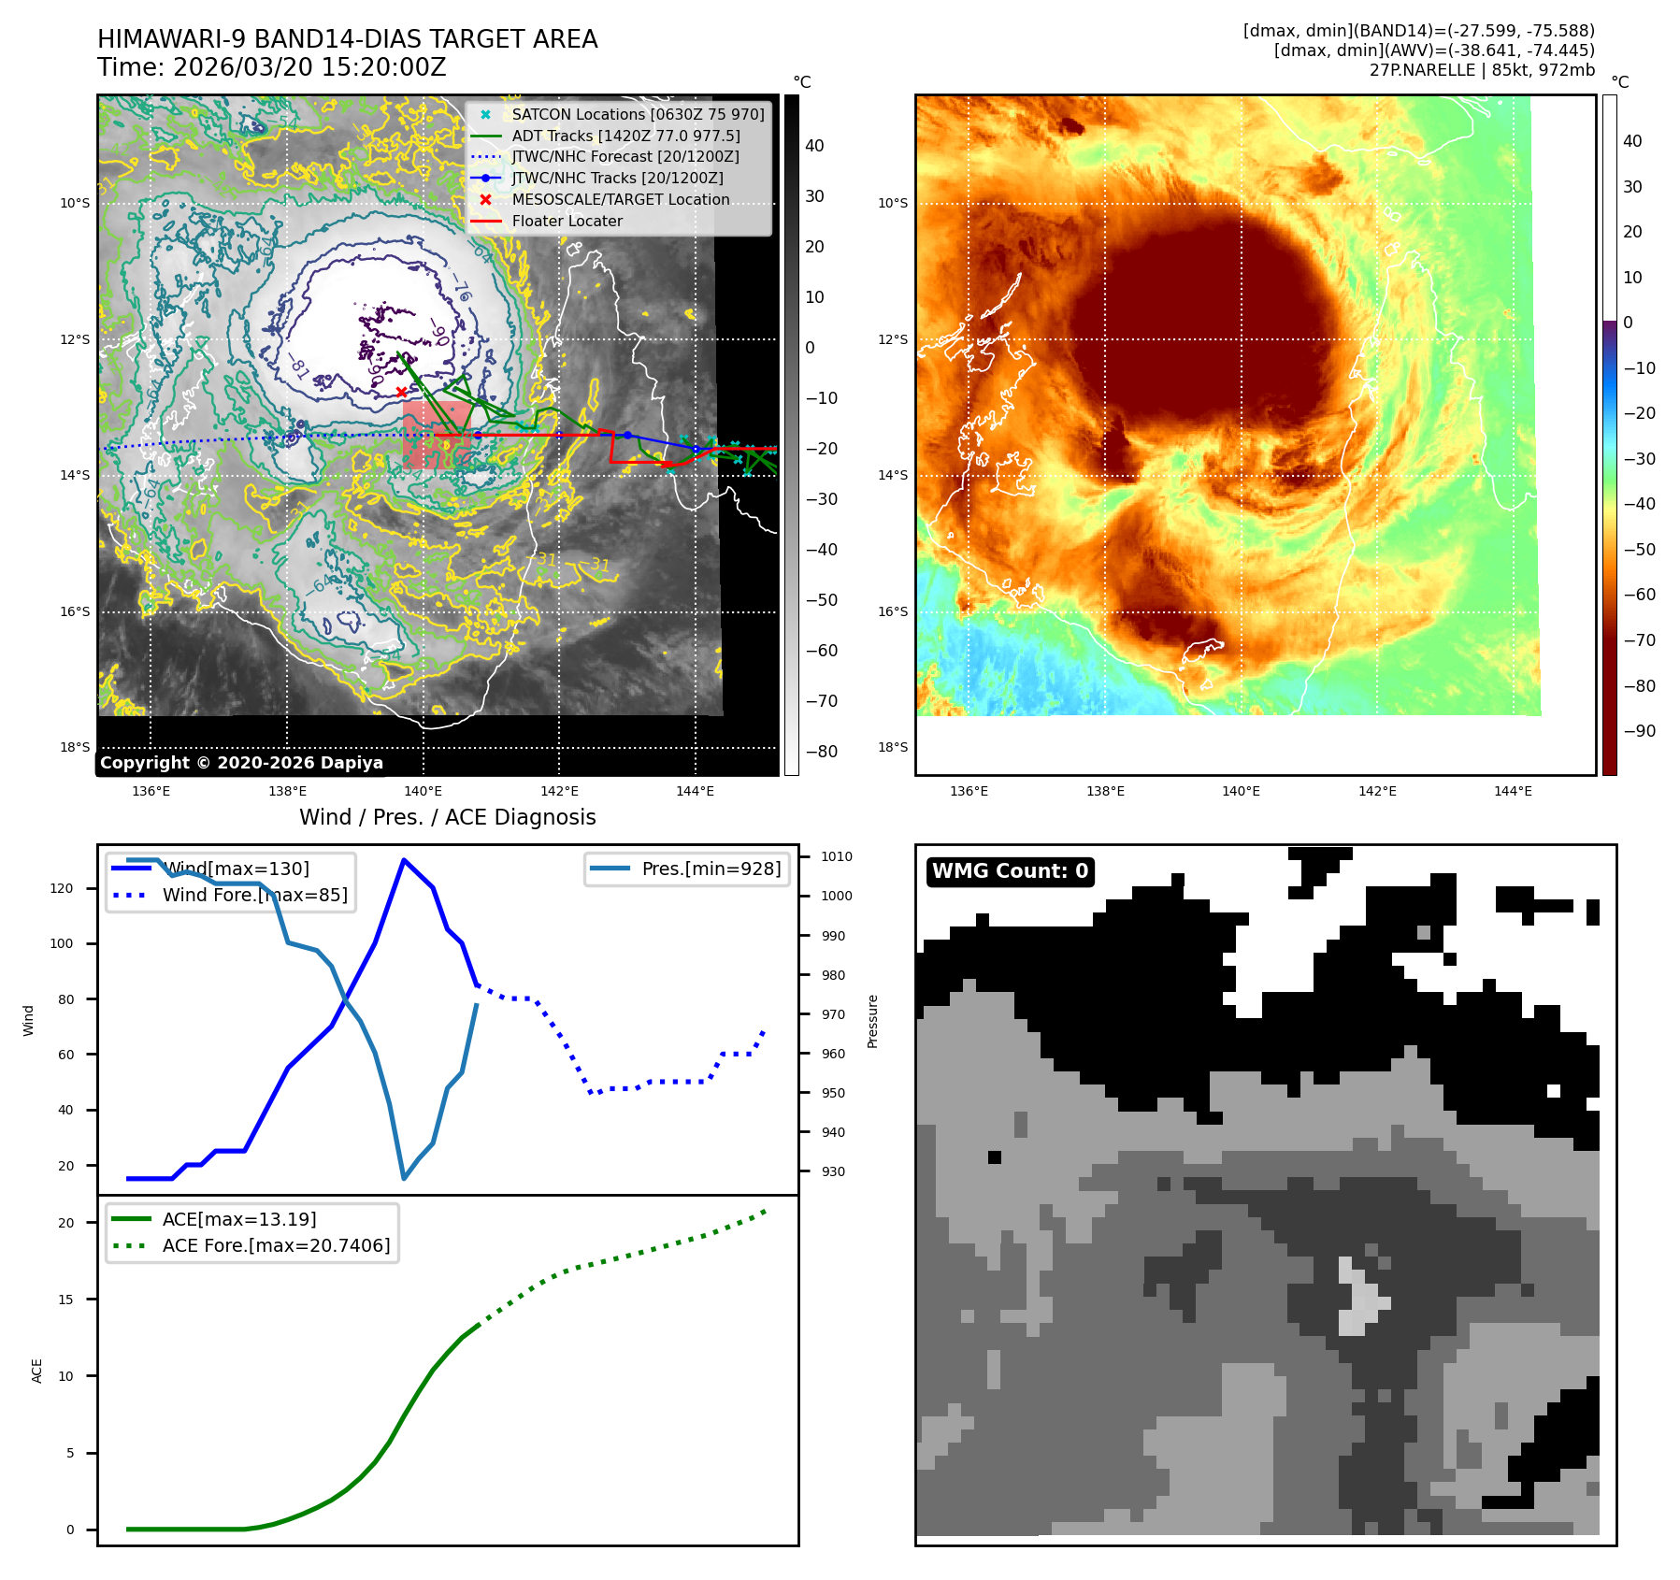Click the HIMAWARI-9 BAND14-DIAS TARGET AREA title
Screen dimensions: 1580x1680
pos(347,39)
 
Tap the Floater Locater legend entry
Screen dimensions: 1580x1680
pos(567,222)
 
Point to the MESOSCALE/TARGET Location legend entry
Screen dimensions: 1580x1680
pos(620,200)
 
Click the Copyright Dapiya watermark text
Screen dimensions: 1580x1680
pos(241,763)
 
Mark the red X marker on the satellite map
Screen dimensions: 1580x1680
pos(401,393)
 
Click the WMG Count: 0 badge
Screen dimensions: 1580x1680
pos(1010,871)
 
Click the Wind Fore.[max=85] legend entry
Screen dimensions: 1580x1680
pos(254,896)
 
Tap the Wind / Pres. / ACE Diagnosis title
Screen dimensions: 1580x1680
pos(447,817)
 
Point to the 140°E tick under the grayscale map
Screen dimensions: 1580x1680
pos(423,791)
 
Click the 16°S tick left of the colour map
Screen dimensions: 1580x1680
pos(892,611)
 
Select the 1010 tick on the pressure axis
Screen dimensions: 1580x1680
pos(836,856)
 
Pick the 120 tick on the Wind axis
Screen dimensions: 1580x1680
pos(62,888)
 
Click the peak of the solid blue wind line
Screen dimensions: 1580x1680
pos(403,859)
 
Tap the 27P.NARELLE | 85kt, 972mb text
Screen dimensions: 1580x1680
pos(1482,70)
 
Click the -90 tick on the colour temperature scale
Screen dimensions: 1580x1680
pos(1639,731)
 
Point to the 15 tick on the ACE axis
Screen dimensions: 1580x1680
pos(65,1300)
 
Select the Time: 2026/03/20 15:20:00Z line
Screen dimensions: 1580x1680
pos(271,67)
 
